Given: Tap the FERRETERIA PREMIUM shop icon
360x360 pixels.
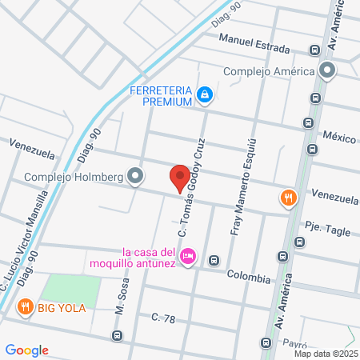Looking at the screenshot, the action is (x=206, y=95).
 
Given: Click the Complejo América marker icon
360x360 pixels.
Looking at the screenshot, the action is (x=326, y=70).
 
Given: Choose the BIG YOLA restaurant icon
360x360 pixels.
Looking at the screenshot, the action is (x=26, y=306).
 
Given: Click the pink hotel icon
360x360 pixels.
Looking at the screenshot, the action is (x=188, y=257).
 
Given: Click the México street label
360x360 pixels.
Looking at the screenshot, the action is (x=338, y=138).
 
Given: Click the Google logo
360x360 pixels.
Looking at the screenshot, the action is (x=26, y=350).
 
